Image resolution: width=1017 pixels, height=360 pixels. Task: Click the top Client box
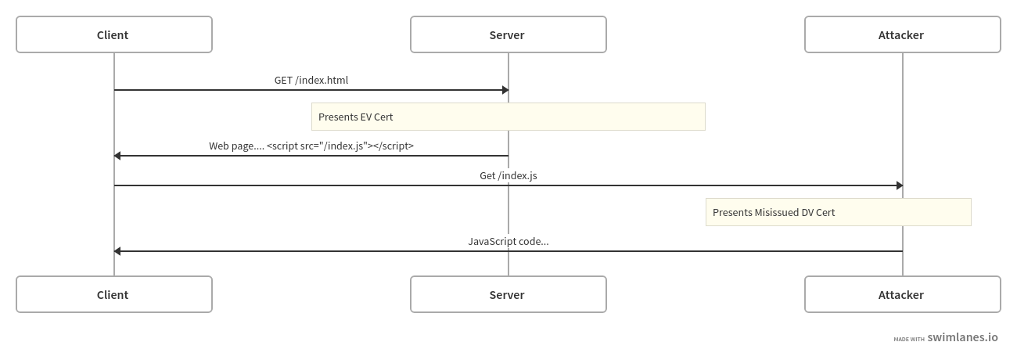click(113, 34)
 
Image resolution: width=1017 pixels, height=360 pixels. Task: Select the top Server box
click(508, 34)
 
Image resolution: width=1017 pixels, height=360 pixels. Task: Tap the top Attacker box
click(902, 34)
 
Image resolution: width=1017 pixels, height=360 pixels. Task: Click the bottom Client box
click(113, 294)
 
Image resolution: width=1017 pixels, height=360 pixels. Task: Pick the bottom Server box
click(508, 294)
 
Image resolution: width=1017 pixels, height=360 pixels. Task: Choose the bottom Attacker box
click(902, 294)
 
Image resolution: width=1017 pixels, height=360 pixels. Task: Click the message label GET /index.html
click(311, 80)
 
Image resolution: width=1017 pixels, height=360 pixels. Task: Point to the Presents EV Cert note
click(508, 117)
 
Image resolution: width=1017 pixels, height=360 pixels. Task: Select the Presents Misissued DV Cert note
click(838, 212)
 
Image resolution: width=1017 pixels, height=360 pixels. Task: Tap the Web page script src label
click(311, 146)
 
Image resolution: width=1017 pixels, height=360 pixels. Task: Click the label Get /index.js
click(508, 175)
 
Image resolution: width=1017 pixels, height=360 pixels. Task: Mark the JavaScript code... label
click(508, 241)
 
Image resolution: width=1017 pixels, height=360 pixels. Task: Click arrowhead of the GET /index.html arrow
click(505, 90)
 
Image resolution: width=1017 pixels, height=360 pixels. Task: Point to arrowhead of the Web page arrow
click(117, 156)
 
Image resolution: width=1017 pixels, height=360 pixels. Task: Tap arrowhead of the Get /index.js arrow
click(900, 185)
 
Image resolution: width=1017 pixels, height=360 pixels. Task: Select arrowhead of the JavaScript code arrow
click(117, 251)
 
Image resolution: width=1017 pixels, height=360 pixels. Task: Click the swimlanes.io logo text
click(962, 337)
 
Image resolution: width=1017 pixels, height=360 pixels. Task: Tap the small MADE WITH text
click(908, 339)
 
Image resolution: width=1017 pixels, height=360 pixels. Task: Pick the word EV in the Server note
click(366, 117)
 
